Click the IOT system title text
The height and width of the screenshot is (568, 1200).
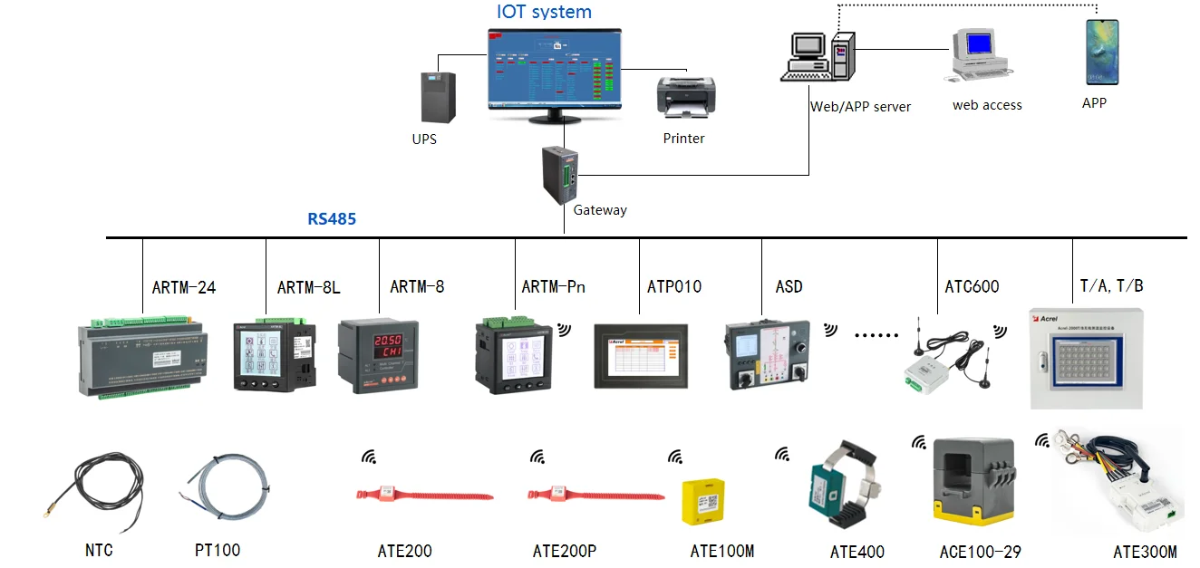(x=544, y=12)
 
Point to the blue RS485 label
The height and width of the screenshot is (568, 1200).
(x=332, y=219)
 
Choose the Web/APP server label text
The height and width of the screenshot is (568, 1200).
(x=860, y=107)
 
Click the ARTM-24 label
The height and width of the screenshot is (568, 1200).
(x=184, y=287)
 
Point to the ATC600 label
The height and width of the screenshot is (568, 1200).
(x=972, y=287)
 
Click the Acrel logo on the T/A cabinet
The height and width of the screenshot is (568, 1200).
(x=1046, y=319)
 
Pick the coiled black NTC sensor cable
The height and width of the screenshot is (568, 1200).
(x=100, y=490)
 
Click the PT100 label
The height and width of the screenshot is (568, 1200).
(x=218, y=550)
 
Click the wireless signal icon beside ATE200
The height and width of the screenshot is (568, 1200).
(x=369, y=457)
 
